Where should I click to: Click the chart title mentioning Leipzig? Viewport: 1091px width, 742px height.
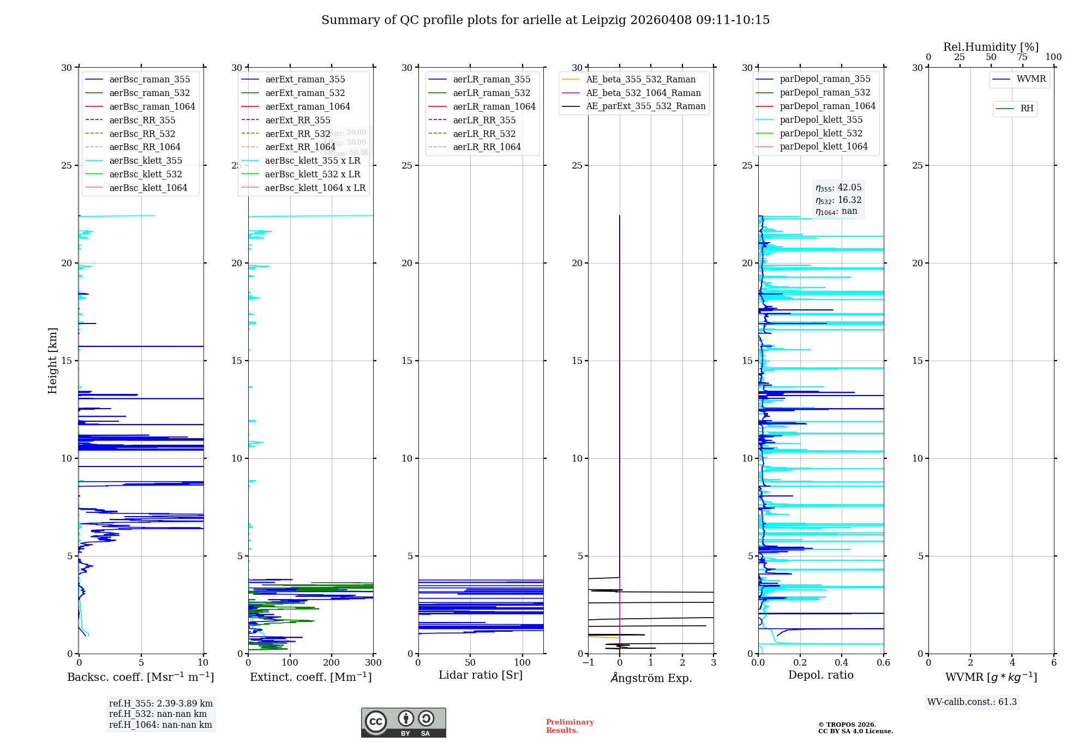pos(545,20)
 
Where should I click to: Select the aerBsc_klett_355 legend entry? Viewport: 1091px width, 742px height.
pos(145,160)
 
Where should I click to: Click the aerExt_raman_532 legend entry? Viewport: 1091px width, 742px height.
pos(305,93)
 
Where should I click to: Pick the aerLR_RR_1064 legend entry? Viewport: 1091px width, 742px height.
pos(487,147)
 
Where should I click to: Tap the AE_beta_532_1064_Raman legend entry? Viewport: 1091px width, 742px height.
pos(643,93)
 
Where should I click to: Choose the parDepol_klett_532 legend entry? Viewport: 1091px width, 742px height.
pos(821,133)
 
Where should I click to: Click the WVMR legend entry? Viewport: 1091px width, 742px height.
pos(1031,79)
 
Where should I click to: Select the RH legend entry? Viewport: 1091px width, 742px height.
pos(1027,109)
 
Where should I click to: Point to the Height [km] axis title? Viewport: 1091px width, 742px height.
pos(52,361)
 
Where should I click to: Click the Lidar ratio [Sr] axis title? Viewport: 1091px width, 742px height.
pos(481,675)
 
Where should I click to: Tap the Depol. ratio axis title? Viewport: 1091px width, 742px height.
pos(821,675)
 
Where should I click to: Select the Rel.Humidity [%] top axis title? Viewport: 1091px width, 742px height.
pos(991,47)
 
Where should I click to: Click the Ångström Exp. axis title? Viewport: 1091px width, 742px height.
pos(651,678)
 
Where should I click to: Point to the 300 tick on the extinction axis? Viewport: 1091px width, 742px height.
pos(374,663)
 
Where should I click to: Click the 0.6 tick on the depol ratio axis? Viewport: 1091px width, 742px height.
pos(883,663)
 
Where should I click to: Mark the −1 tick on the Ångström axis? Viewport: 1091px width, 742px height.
pos(588,663)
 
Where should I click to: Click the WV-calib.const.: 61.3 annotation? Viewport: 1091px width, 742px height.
pos(972,702)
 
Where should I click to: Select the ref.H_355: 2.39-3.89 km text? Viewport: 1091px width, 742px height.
pos(161,704)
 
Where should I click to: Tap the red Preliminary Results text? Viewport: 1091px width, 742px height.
pos(570,726)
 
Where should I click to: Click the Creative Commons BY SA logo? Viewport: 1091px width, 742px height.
pos(403,723)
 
